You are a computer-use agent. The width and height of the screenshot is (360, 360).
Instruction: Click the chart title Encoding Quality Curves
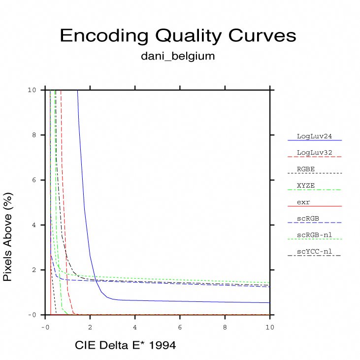[x=178, y=36]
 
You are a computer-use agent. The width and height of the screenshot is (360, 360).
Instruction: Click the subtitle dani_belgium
[x=178, y=56]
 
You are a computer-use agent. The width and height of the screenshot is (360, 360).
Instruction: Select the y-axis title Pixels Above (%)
[x=8, y=237]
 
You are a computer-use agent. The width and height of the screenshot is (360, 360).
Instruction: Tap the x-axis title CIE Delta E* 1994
[x=125, y=346]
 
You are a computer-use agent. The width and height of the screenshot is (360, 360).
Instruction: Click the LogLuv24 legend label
[x=312, y=136]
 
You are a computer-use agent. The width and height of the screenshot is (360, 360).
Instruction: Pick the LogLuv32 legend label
[x=312, y=153]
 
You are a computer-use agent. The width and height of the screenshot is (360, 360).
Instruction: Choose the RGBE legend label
[x=306, y=169]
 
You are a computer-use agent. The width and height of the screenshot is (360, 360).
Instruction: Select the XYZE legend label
[x=306, y=185]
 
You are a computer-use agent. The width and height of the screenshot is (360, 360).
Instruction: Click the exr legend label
[x=303, y=202]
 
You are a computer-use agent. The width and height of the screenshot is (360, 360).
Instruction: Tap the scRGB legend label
[x=308, y=218]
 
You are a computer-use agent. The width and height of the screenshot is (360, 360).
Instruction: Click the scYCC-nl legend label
[x=314, y=252]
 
